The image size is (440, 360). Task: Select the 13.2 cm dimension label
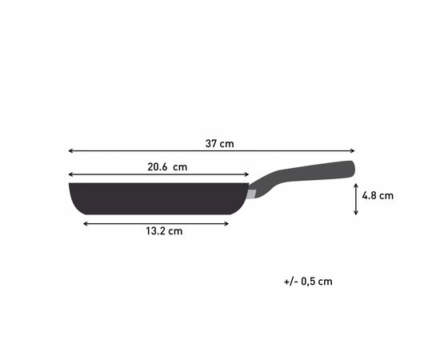click(x=163, y=232)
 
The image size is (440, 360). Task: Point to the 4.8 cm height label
click(x=378, y=194)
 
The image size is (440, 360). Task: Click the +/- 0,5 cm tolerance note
click(x=307, y=282)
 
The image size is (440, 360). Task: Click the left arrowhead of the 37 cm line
click(x=70, y=150)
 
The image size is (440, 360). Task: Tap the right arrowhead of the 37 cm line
click(x=353, y=150)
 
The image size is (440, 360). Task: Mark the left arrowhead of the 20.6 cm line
click(x=70, y=174)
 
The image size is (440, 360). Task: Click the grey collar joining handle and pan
click(x=253, y=194)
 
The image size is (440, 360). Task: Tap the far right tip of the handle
click(x=353, y=167)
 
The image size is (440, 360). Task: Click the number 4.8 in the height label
click(x=370, y=194)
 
